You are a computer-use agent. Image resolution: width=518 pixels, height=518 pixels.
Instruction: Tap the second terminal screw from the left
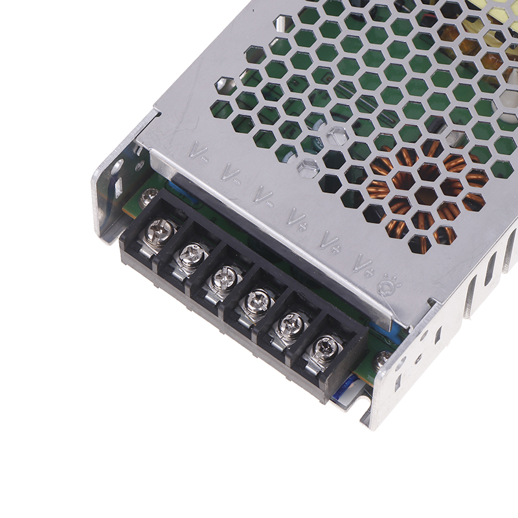pyautogui.click(x=192, y=254)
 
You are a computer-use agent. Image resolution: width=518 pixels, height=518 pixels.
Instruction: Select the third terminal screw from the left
pyautogui.click(x=225, y=278)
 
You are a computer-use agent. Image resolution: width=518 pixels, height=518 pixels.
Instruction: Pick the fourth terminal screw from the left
pyautogui.click(x=258, y=301)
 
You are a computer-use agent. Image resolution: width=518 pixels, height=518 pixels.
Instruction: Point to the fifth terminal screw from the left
pyautogui.click(x=291, y=324)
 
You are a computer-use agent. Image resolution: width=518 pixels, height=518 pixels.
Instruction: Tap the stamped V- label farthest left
pyautogui.click(x=199, y=152)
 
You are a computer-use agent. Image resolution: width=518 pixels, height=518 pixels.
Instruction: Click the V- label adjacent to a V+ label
pyautogui.click(x=264, y=196)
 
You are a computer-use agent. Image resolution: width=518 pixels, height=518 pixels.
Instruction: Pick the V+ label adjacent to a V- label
pyautogui.click(x=297, y=218)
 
